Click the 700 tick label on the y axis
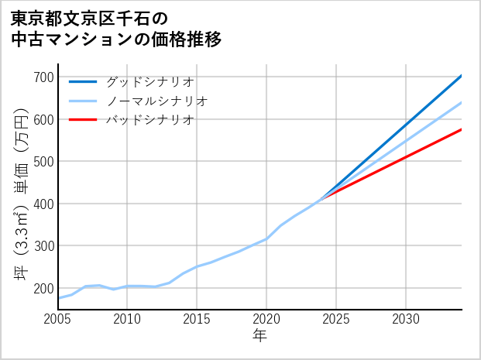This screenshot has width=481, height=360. (x=45, y=77)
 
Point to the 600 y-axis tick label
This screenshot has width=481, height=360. (x=45, y=120)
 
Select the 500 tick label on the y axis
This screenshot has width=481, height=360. (x=45, y=162)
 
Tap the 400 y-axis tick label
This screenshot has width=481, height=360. (x=45, y=204)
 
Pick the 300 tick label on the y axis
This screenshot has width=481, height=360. (x=45, y=246)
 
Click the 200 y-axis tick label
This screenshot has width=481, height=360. (x=45, y=289)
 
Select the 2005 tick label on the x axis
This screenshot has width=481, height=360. (x=58, y=319)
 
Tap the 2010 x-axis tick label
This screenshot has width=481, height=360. (x=128, y=319)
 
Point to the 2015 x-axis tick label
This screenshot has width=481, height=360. (x=198, y=319)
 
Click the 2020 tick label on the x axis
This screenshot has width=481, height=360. (x=266, y=319)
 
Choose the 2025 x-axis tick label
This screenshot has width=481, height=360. (x=336, y=319)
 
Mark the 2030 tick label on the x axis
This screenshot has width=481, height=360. (x=406, y=319)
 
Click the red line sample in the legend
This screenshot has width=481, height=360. (x=83, y=120)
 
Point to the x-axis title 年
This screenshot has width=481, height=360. (x=260, y=336)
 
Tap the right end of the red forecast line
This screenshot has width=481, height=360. (x=462, y=129)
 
